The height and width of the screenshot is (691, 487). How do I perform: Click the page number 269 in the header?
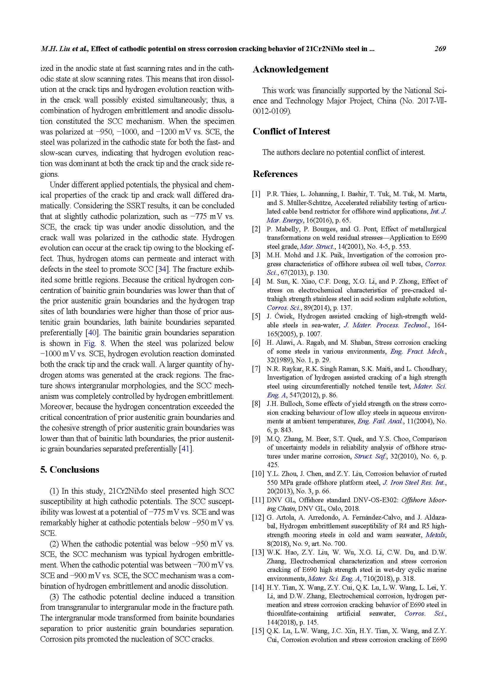440,49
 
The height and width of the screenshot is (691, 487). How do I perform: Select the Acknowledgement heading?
291,69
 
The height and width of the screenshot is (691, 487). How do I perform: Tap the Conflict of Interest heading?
291,131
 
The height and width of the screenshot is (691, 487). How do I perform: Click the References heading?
275,174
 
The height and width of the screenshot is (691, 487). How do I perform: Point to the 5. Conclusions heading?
69,470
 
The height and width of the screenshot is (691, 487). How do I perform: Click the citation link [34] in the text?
162,269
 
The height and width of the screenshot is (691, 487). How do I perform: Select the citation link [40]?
91,333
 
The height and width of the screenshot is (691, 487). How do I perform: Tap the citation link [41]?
185,449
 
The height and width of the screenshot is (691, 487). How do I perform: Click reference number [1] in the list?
256,194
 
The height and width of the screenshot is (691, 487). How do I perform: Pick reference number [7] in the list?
256,369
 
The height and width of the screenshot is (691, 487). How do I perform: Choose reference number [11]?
258,500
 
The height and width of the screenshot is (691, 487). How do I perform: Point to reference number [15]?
258,631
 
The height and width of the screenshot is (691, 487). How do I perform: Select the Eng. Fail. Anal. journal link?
380,421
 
